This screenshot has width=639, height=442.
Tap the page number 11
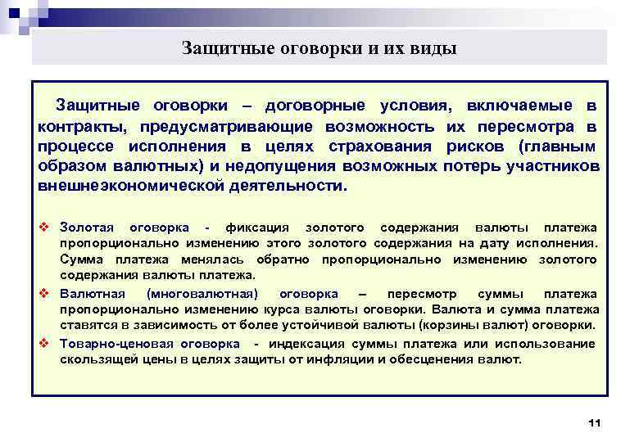[595, 422]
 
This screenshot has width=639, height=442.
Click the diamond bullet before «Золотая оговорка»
[45, 227]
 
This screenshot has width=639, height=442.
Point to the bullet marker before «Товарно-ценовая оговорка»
[45, 342]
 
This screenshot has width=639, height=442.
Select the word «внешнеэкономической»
[120, 186]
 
